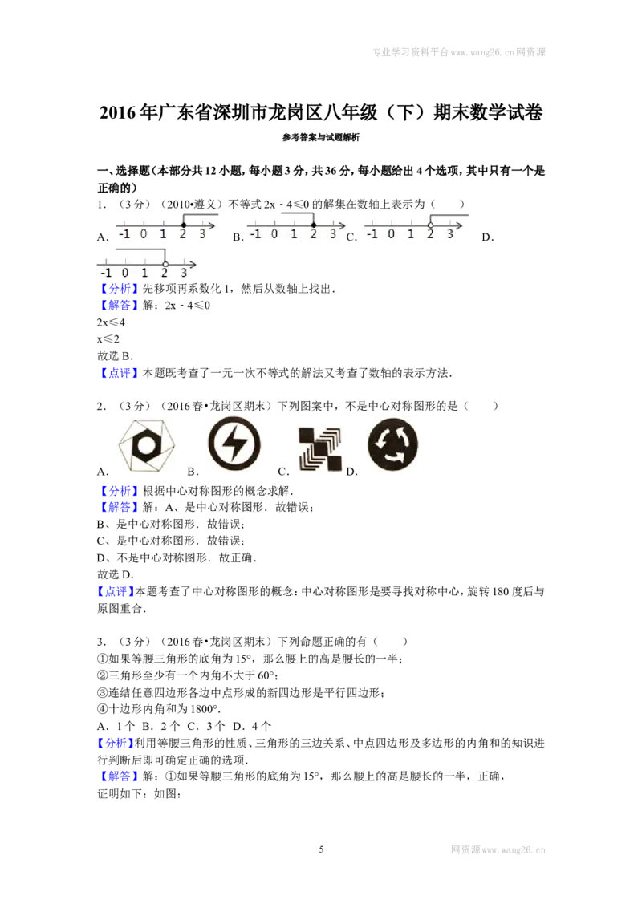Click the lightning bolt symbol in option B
click(234, 444)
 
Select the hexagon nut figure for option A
click(146, 445)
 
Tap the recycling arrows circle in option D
click(393, 444)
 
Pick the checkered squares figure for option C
click(320, 449)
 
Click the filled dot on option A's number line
click(183, 225)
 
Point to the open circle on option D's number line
click(165, 264)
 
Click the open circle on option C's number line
click(430, 225)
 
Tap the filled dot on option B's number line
click(314, 225)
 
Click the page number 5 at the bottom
click(321, 849)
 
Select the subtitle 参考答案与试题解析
click(321, 137)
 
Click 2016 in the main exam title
click(118, 112)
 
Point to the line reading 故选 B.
click(116, 356)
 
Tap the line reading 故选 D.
click(116, 574)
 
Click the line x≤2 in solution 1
click(108, 339)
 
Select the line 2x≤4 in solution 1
click(111, 322)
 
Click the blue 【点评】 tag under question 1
click(119, 373)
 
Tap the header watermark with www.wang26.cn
click(458, 52)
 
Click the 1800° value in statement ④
click(202, 709)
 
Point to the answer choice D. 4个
click(251, 726)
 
